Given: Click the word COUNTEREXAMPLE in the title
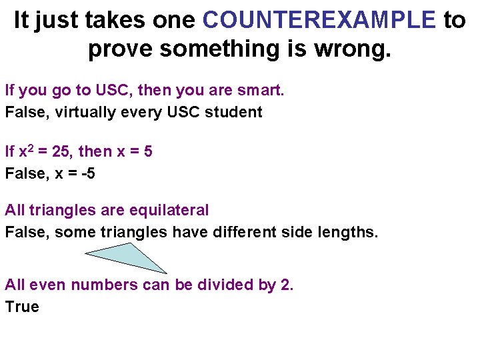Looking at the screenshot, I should (x=319, y=20).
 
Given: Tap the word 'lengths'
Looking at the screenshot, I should (x=350, y=232).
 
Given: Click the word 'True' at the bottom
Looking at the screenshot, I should (x=22, y=307).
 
